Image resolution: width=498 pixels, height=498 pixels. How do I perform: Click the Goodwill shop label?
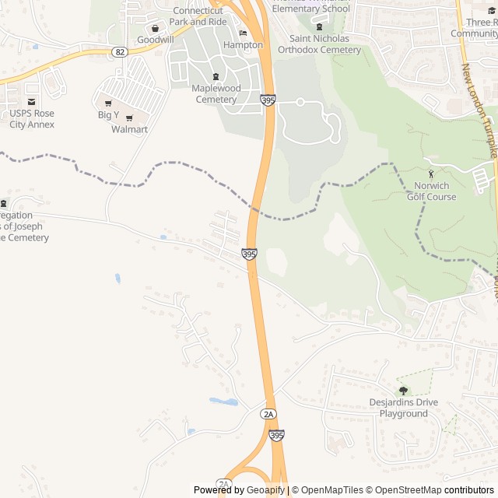click(155, 39)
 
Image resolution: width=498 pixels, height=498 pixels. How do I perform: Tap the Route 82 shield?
click(119, 51)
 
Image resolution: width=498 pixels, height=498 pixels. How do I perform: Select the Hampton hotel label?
click(243, 45)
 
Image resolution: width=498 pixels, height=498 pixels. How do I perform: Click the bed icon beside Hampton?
click(243, 33)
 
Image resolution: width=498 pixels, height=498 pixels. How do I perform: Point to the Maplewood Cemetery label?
click(216, 93)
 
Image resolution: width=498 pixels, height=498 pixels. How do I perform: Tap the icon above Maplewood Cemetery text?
click(216, 76)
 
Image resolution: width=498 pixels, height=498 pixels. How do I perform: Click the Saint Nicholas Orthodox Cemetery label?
click(324, 44)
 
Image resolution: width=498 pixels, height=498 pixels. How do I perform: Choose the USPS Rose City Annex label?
click(32, 118)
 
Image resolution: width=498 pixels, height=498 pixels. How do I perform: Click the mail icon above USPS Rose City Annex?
click(31, 101)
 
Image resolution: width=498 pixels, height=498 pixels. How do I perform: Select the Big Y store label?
click(108, 114)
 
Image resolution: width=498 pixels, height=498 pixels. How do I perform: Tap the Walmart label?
click(129, 129)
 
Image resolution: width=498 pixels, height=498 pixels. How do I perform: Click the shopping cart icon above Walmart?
click(129, 118)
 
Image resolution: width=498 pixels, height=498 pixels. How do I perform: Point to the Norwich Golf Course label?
click(432, 191)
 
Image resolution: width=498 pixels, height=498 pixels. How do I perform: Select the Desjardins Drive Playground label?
click(403, 408)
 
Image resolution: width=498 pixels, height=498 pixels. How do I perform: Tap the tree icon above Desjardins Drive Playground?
click(403, 391)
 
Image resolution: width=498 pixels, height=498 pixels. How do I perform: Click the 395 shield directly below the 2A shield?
click(276, 435)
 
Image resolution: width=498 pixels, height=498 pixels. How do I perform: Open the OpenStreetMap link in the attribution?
click(404, 490)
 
